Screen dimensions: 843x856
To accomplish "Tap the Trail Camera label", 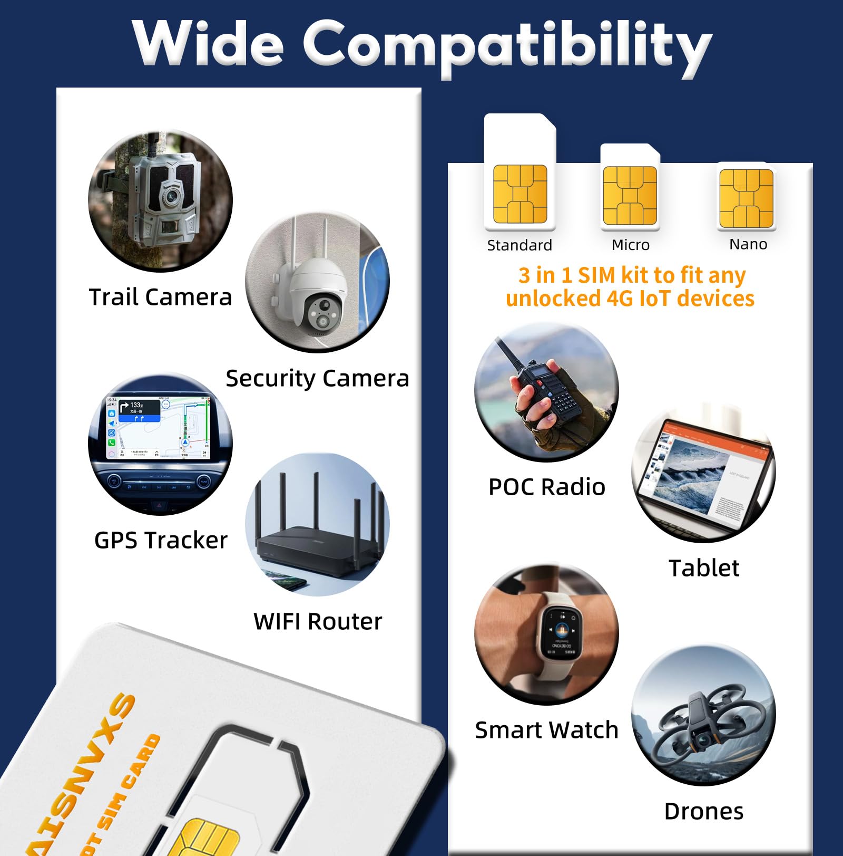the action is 160,297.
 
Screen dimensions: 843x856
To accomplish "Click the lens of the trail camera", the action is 170,196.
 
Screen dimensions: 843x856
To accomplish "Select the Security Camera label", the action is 317,378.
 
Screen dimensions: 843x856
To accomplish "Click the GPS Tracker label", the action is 161,540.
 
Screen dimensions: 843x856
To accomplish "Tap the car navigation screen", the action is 158,427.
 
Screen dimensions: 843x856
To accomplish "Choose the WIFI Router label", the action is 318,621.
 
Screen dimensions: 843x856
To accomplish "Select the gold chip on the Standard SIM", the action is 520,194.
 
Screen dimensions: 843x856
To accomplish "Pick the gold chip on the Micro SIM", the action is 630,196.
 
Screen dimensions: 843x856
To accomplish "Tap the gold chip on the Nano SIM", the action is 746,198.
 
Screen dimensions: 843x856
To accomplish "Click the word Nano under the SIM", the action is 748,244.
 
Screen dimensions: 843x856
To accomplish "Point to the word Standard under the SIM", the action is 519,245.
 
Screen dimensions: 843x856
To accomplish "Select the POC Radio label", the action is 547,487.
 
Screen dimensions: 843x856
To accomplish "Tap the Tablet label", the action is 704,568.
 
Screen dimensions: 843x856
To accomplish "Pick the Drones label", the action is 704,811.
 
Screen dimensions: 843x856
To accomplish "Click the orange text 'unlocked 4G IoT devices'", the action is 630,299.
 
